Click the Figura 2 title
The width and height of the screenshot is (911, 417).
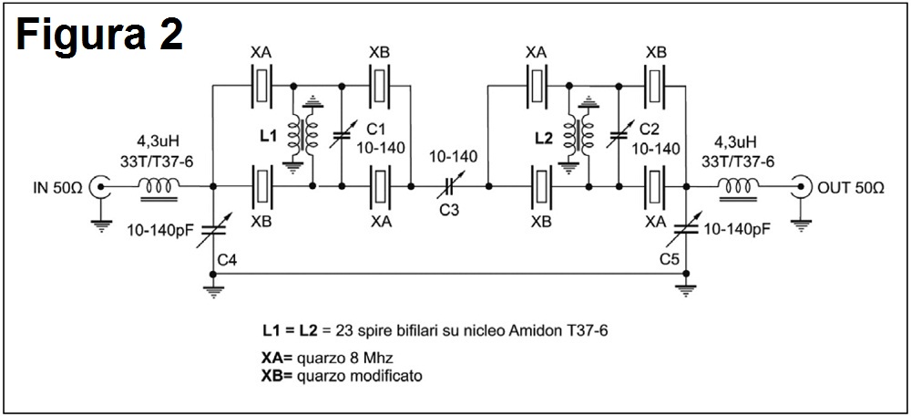(98, 36)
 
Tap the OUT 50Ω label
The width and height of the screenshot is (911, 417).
(851, 189)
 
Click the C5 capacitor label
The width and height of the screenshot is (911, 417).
(672, 260)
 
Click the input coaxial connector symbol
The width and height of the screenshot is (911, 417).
(101, 188)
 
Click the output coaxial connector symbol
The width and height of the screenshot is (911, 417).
(803, 188)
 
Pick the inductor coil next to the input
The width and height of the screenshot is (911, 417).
(158, 188)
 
